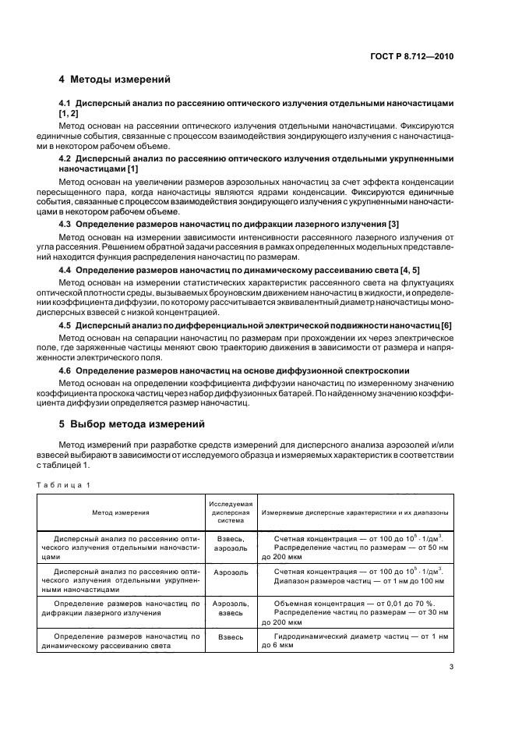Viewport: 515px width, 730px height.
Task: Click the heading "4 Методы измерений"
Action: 115,80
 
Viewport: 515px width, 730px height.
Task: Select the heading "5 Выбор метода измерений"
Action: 132,425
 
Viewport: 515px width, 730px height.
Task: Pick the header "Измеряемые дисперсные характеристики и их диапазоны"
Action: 354,513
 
